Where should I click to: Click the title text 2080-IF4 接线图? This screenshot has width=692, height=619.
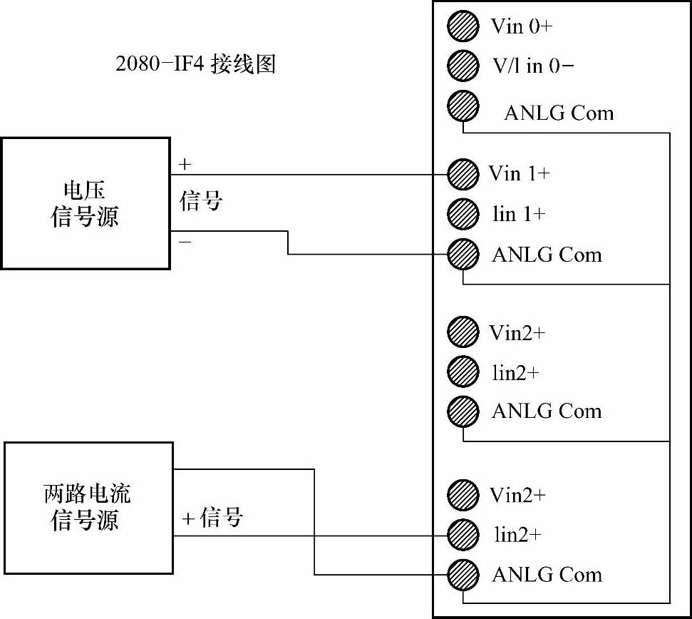point(195,65)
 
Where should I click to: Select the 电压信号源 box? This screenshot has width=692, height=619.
point(85,203)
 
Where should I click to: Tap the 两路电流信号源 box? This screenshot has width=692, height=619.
point(88,508)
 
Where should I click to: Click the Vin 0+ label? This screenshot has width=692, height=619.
point(522,27)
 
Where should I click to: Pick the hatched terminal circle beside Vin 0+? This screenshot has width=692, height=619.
point(463,26)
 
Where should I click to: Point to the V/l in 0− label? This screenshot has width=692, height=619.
point(533,66)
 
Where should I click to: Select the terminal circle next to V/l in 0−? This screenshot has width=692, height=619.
point(463,66)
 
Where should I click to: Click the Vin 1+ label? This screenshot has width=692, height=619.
point(519,173)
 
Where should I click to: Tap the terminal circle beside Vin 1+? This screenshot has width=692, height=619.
point(463,174)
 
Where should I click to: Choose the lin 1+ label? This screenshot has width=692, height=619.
point(518,214)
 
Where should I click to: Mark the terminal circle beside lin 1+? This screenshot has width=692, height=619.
point(463,214)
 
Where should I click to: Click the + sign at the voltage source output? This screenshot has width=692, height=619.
point(185,165)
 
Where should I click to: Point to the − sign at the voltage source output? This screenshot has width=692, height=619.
point(185,242)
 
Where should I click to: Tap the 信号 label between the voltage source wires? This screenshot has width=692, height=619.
point(201,202)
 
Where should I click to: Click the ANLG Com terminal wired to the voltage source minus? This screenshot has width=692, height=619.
point(463,254)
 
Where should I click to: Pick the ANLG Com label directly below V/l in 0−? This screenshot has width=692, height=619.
point(558,113)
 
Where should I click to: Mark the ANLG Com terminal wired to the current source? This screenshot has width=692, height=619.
point(463,574)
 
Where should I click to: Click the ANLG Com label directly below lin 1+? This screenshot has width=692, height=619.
point(547,255)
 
